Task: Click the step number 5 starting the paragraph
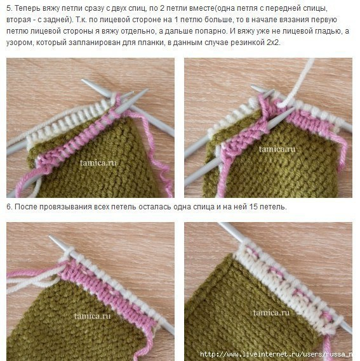(x=10, y=8)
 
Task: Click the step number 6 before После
(x=10, y=207)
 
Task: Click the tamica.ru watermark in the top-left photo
(x=98, y=163)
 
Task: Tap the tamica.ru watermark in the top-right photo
(x=277, y=149)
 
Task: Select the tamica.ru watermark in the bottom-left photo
(x=93, y=316)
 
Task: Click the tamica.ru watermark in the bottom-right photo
(x=271, y=313)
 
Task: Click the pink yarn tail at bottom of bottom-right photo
(x=327, y=347)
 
